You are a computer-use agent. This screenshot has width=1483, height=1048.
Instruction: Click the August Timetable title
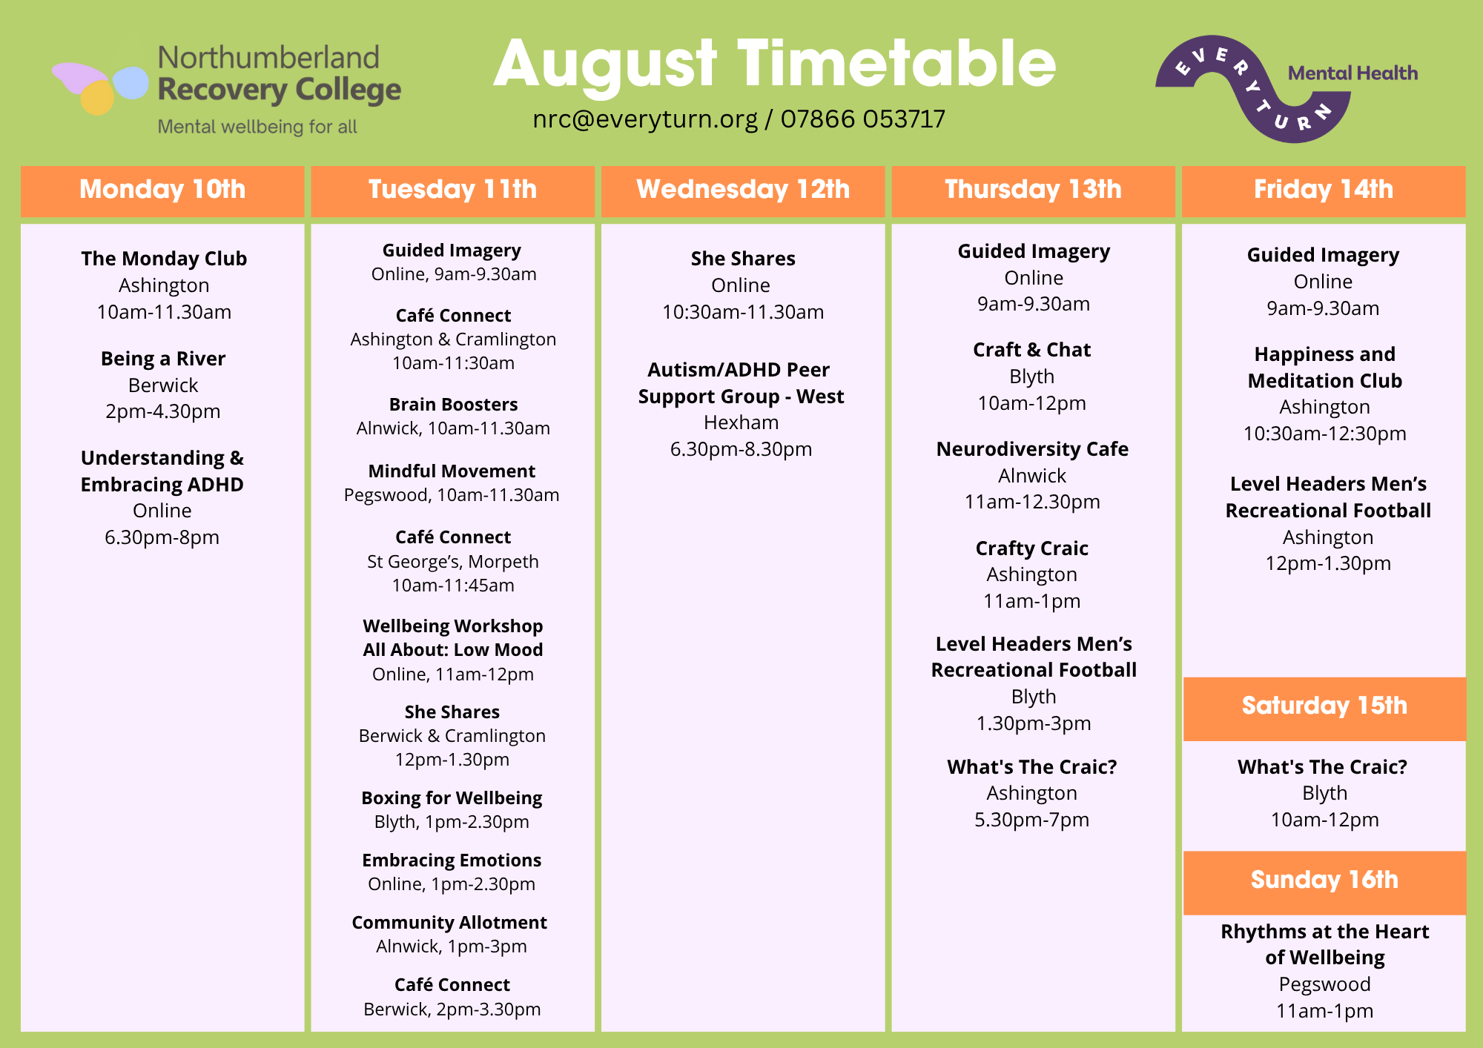775,65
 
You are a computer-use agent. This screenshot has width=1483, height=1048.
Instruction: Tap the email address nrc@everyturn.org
645,119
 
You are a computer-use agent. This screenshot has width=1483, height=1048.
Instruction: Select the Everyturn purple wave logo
1253,88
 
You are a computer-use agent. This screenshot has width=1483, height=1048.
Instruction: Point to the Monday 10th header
162,190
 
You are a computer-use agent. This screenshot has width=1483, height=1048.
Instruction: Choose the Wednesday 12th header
743,190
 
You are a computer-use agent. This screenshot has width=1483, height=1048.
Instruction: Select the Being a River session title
163,359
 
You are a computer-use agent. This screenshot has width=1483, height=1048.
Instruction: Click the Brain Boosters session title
453,405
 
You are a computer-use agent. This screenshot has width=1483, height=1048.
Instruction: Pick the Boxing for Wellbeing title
452,798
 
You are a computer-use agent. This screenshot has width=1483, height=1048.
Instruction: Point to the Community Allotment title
449,923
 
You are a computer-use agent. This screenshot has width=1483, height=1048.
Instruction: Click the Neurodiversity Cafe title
1032,449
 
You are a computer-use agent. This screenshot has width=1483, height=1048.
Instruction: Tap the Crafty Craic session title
1032,548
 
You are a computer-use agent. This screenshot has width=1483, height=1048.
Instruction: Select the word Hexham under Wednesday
741,422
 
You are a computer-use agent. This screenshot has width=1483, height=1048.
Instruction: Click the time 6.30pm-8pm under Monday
162,537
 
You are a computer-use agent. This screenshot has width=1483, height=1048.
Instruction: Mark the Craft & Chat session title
1032,350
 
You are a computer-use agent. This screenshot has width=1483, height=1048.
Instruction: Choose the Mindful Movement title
452,471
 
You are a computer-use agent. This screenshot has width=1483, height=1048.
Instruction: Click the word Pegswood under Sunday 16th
1325,984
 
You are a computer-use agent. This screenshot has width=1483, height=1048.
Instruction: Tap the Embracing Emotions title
452,860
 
